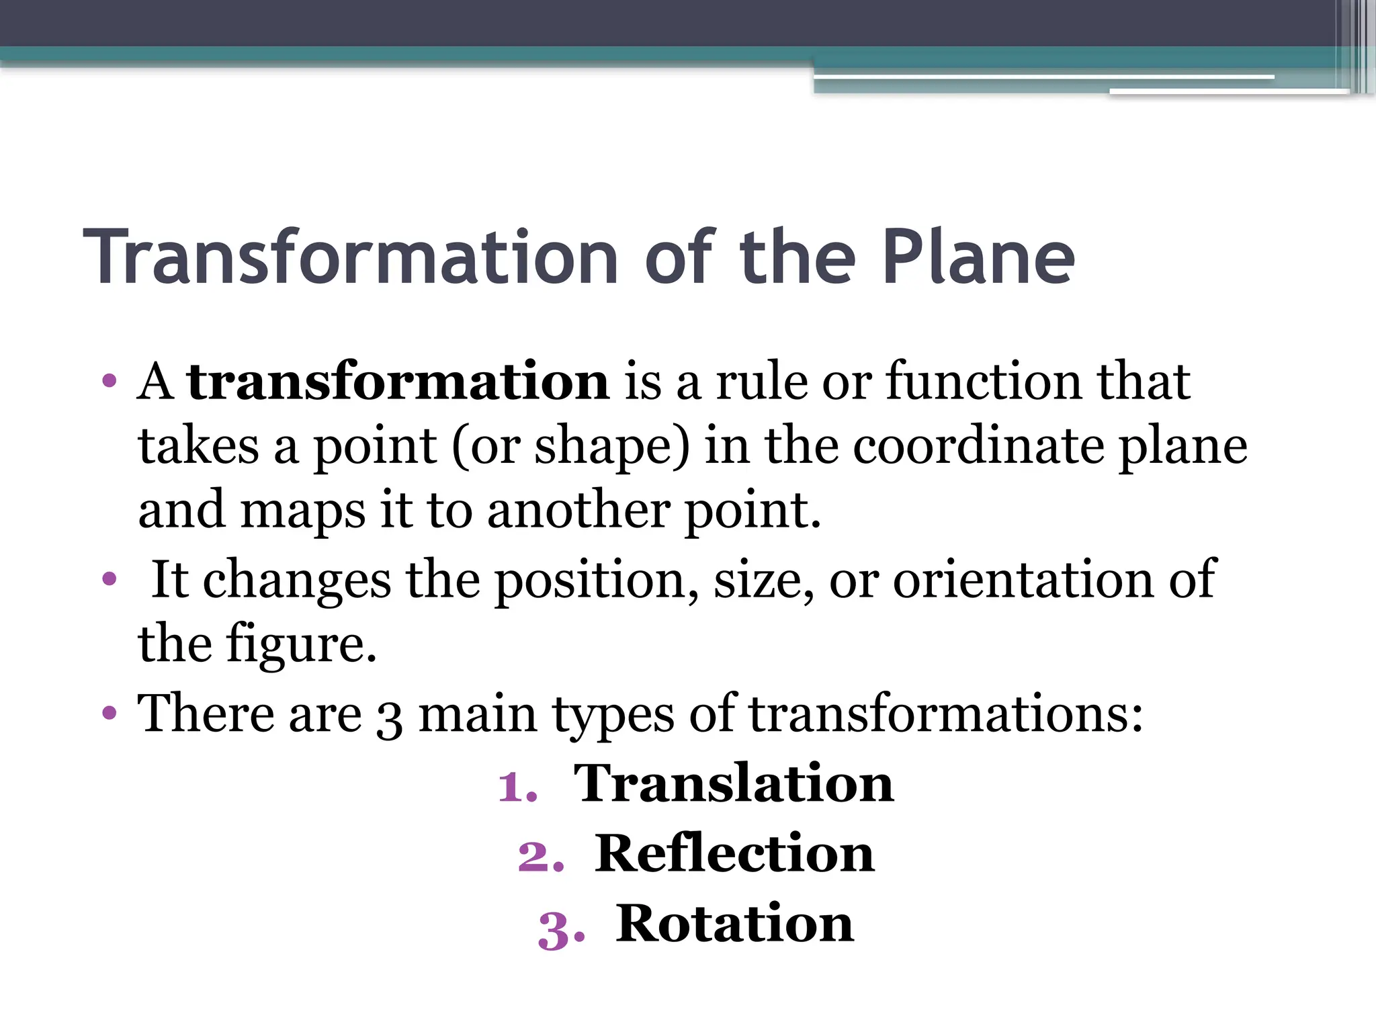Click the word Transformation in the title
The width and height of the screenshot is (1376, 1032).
(350, 258)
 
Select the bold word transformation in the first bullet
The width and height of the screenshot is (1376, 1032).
(398, 382)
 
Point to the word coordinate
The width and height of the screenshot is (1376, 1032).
(978, 446)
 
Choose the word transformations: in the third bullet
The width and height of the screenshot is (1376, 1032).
(946, 714)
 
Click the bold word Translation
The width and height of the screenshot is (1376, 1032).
(734, 783)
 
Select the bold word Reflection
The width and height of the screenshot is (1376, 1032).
(735, 853)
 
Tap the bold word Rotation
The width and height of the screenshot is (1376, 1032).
(735, 924)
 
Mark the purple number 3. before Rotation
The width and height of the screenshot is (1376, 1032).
(561, 930)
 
